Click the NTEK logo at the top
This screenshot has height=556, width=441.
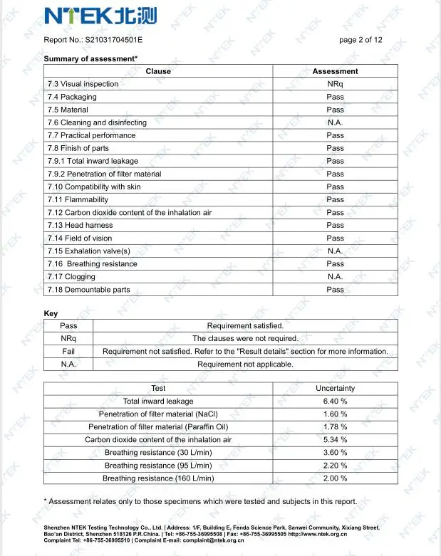coord(100,15)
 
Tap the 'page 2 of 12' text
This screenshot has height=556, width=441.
coord(360,40)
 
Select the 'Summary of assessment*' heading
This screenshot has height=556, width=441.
coord(90,58)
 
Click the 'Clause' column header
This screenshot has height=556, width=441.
coord(158,71)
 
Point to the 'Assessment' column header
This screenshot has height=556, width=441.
coord(335,71)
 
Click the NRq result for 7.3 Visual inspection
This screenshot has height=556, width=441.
coord(335,84)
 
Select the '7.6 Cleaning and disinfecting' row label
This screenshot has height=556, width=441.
coord(97,122)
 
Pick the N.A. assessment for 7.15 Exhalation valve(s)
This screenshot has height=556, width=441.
coord(335,251)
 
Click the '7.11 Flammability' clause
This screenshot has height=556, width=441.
coord(78,200)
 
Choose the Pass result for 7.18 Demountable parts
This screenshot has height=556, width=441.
coord(335,290)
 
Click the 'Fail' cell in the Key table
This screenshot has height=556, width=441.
coord(68,352)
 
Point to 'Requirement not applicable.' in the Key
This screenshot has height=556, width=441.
coord(245,364)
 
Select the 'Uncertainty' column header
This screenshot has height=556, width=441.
coord(335,389)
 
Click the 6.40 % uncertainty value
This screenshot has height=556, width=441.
coord(335,402)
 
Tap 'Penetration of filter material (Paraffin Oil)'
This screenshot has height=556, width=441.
coord(158,427)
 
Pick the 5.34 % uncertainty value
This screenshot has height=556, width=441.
coord(335,440)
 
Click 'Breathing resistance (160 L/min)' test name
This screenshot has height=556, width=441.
coord(158,478)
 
